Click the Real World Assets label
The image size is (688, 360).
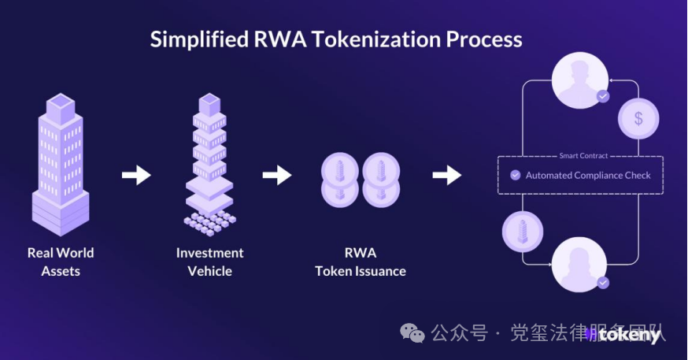[61, 262]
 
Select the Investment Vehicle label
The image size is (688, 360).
[209, 262]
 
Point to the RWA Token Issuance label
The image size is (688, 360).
[361, 262]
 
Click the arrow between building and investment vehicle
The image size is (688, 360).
[136, 175]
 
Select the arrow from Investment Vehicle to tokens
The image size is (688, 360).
[277, 175]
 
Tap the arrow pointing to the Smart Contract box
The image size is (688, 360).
[447, 175]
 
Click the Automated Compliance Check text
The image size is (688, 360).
[588, 175]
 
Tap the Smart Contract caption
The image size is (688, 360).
[583, 156]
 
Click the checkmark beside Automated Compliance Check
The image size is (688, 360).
[516, 175]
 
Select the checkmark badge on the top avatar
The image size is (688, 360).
[603, 96]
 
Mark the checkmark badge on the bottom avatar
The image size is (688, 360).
[603, 282]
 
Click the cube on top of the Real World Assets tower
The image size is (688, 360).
[61, 104]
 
